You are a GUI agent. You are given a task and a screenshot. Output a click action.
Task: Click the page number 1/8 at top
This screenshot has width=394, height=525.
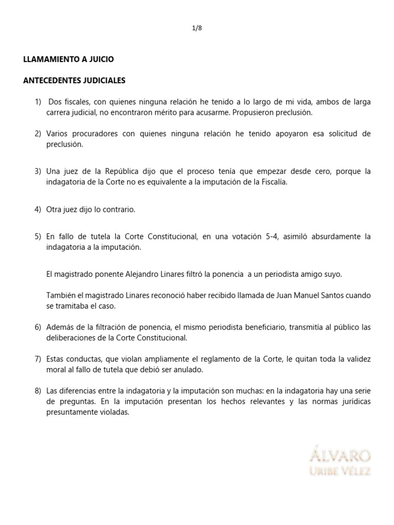[x=196, y=28]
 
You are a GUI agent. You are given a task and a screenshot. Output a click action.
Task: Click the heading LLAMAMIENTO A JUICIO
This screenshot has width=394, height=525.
[x=69, y=59]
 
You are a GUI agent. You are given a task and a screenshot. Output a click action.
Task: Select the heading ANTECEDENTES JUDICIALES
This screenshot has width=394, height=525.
[x=74, y=80]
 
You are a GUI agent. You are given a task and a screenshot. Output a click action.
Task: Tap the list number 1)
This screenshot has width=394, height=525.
[x=38, y=103]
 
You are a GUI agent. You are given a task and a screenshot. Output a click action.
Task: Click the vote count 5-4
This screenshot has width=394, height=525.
[x=273, y=237]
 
